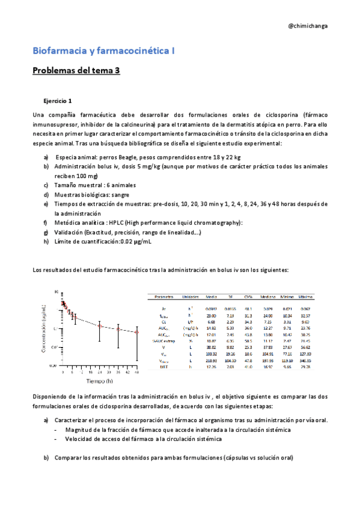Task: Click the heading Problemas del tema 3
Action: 76,70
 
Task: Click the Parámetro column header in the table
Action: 164,297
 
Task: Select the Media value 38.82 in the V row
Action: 211,347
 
